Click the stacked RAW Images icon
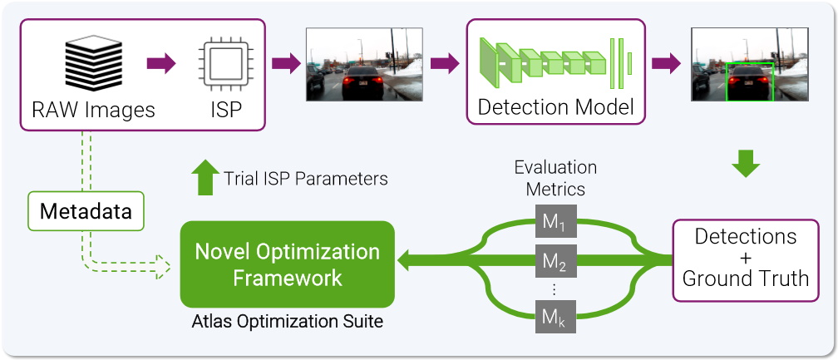tap(93, 64)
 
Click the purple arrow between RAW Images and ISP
tap(161, 63)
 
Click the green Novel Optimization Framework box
tap(287, 264)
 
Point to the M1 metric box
tap(555, 223)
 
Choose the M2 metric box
tap(555, 263)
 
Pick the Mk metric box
tap(555, 317)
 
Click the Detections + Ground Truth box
tap(745, 259)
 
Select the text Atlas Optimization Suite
tap(287, 321)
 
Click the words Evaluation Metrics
tap(555, 177)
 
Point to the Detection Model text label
tap(555, 106)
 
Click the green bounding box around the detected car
tap(751, 81)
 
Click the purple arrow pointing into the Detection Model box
tap(445, 64)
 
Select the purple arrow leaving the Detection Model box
tap(665, 64)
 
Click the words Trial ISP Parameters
tap(305, 178)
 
